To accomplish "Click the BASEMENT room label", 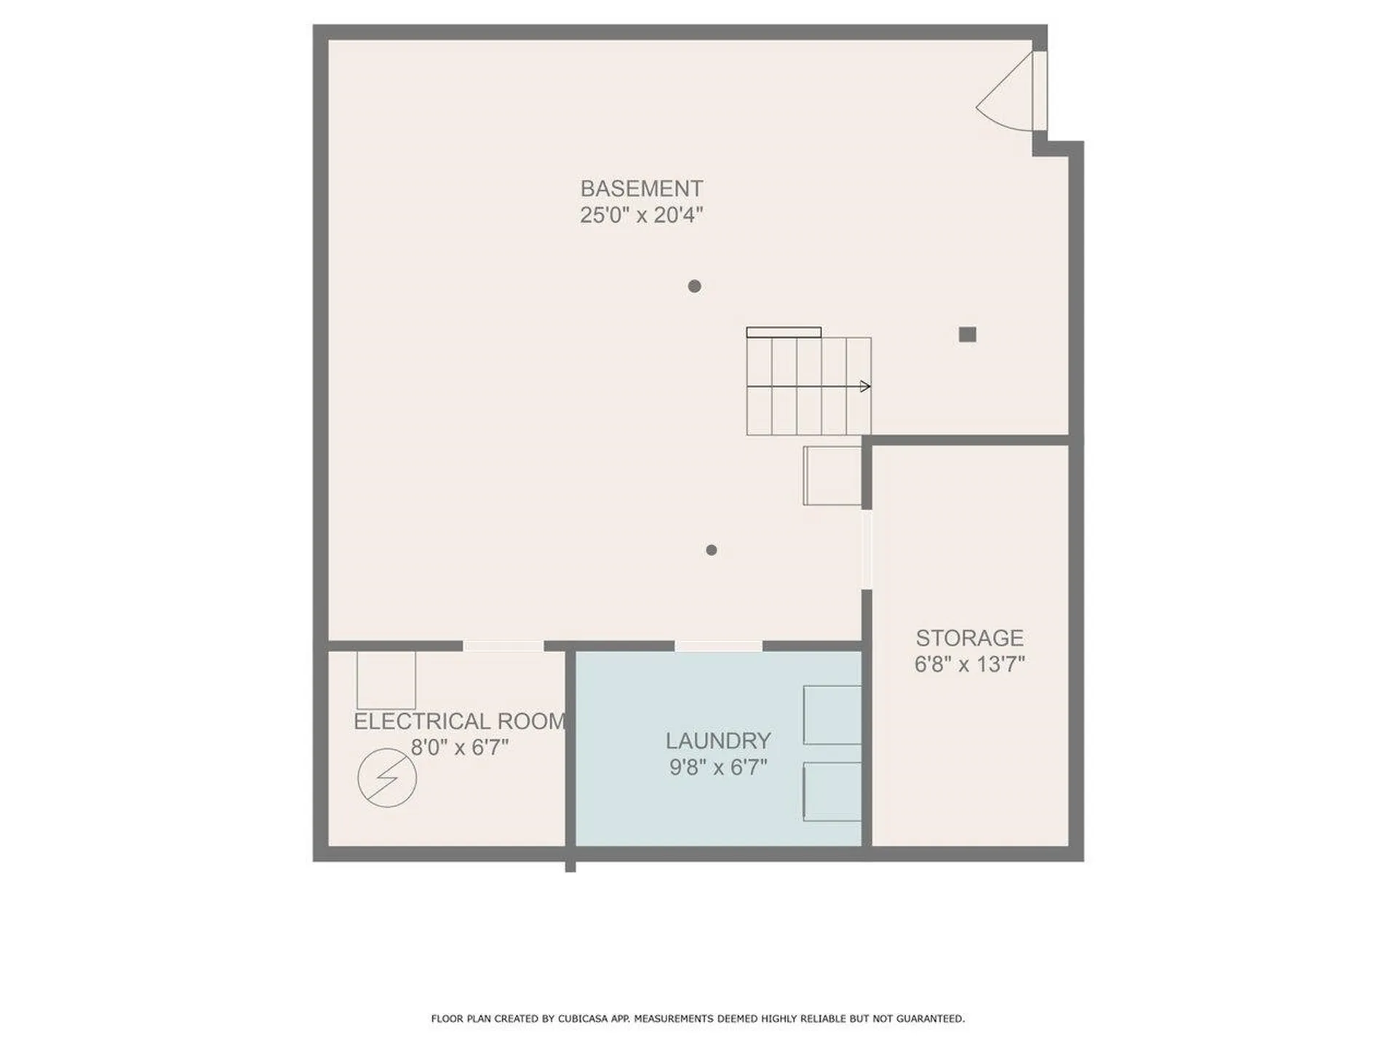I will point(641,188).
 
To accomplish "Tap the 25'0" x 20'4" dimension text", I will point(641,215).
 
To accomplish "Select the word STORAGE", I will point(969,638).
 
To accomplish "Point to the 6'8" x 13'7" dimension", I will point(969,664).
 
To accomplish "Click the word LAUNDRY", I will point(718,741).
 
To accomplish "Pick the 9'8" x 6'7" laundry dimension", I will point(718,767).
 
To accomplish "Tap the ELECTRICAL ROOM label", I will point(459,721).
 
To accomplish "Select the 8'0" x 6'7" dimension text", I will point(459,747).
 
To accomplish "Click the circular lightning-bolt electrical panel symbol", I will point(387,777).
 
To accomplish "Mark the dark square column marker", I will point(967,335).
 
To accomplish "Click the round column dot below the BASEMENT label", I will point(694,286).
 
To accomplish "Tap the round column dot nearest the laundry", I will point(712,550).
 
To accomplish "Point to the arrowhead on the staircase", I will point(865,386).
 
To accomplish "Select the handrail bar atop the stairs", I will point(784,333).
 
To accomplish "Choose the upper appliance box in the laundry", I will point(832,715).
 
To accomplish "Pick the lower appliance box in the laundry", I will point(832,792).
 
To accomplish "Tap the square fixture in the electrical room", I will point(386,680).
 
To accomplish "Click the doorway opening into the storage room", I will point(867,549).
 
